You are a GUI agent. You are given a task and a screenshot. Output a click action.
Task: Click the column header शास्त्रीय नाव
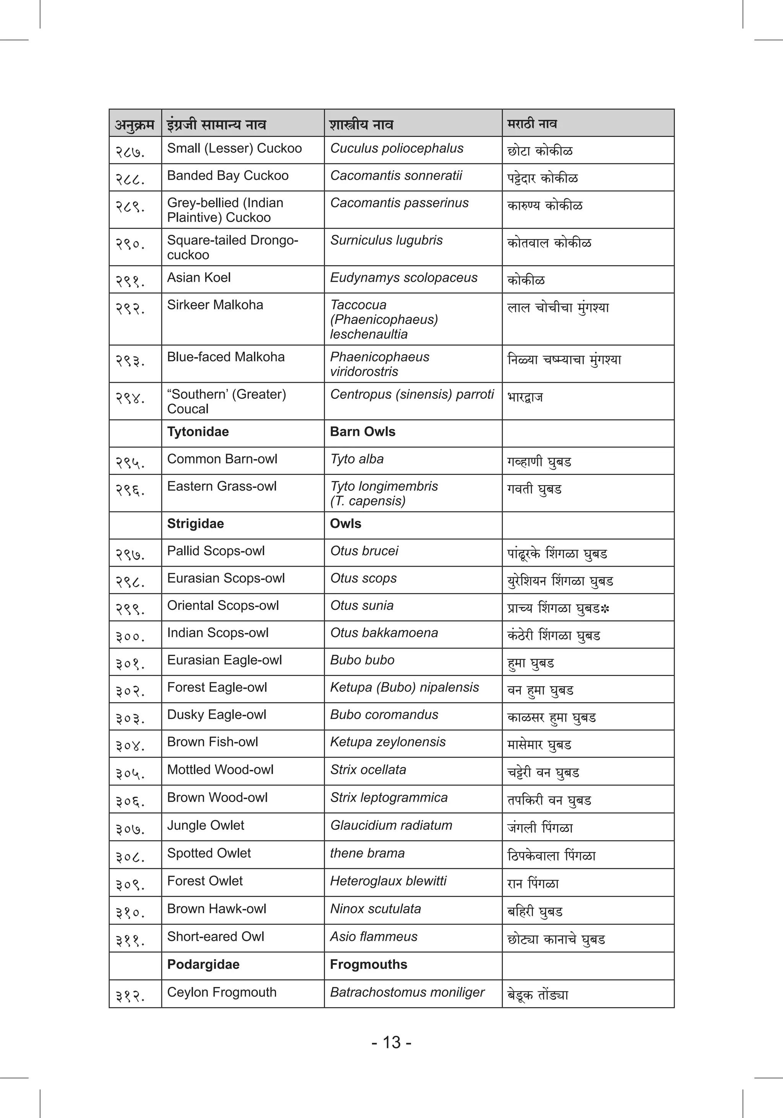click(361, 125)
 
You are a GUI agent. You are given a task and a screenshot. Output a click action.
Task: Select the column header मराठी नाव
click(532, 123)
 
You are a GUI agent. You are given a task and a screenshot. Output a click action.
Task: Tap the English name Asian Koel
click(199, 278)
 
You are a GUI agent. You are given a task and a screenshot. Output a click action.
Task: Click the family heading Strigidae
click(195, 523)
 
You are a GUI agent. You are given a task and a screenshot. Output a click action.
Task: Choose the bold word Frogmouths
click(368, 964)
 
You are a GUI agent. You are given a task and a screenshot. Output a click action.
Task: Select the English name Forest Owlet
click(205, 881)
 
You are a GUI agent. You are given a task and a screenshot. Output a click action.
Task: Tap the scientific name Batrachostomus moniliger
click(407, 992)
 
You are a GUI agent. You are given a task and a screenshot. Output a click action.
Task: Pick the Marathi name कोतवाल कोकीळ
click(549, 242)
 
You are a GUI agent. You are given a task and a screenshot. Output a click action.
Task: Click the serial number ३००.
click(130, 636)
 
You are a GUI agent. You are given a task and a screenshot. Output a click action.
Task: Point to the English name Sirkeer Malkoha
click(215, 305)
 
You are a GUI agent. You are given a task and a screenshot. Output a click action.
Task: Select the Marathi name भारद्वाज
click(525, 397)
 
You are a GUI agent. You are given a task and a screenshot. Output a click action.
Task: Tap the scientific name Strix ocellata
click(368, 769)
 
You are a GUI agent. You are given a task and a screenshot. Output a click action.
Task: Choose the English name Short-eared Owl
click(215, 936)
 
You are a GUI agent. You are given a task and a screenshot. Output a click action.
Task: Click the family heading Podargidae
click(203, 964)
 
